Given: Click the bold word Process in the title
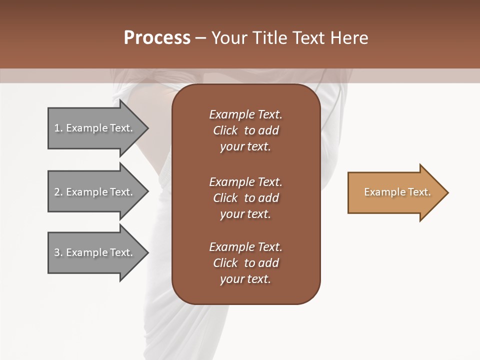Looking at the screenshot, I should coord(157,37).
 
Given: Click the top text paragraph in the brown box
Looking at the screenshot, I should coord(245,130).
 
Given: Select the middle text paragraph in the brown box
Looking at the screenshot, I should coord(245,198).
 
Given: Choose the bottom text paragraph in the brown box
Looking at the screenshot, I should coord(245,263).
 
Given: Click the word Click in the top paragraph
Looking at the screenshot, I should coord(225,130).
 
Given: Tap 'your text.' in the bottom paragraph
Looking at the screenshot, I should coord(245,279).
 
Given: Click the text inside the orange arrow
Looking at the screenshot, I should coord(397,192).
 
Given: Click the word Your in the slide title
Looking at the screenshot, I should coord(229,37).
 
